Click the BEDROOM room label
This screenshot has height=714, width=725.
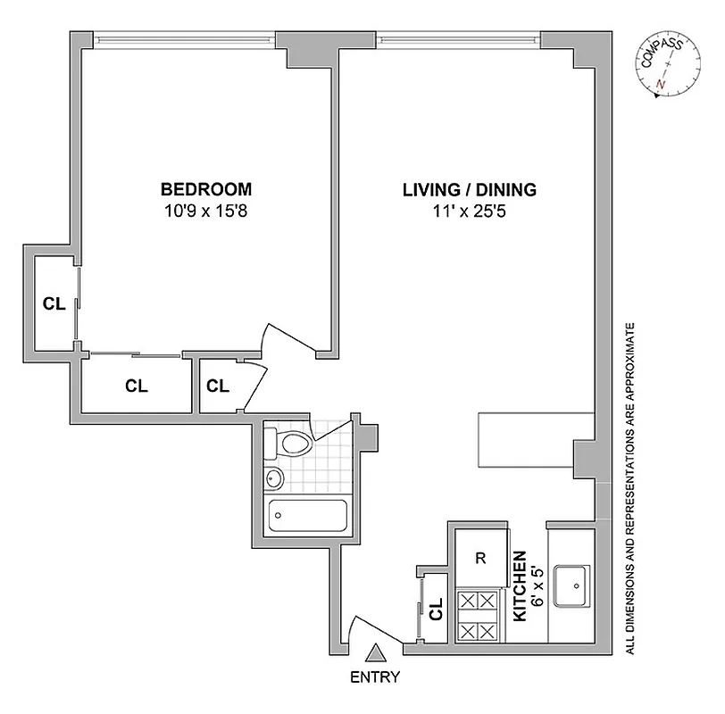click(x=205, y=189)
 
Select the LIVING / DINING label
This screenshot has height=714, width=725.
click(x=469, y=189)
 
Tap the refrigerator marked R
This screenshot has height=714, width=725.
click(x=479, y=560)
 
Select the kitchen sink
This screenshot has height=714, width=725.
click(x=572, y=585)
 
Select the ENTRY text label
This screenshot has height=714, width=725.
click(x=375, y=677)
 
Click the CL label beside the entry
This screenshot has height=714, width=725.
click(x=437, y=614)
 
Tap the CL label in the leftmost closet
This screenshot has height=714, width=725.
click(x=54, y=303)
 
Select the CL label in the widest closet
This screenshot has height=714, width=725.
click(x=137, y=386)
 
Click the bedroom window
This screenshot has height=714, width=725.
click(x=183, y=38)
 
